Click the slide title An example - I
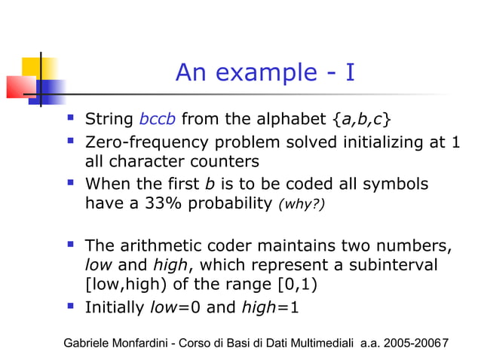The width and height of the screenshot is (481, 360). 265,72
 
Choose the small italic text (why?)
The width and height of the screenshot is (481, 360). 302,204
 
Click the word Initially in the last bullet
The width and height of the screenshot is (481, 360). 115,307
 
